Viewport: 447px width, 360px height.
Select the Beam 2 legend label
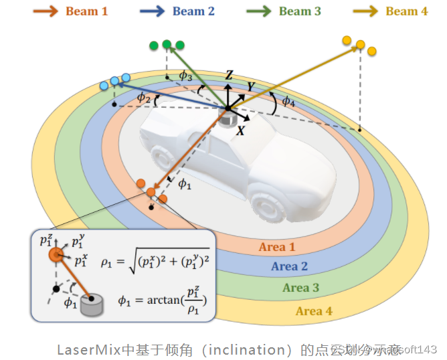click(193, 11)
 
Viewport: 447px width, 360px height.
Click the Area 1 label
click(277, 247)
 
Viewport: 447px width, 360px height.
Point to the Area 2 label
click(289, 266)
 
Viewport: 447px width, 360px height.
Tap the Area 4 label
click(314, 310)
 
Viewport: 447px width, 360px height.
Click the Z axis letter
click(229, 76)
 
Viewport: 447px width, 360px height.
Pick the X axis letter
click(240, 131)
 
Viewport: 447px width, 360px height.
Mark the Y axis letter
click(250, 86)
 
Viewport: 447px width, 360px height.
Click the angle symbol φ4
click(288, 102)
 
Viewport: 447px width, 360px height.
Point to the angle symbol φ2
click(143, 98)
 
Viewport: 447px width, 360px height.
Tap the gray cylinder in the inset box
click(92, 305)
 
